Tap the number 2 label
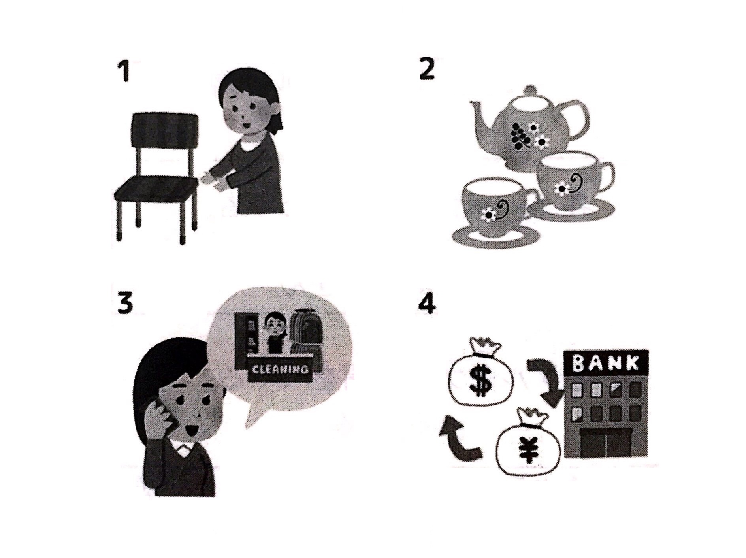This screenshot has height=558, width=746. click(427, 69)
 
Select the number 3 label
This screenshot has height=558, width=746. click(125, 304)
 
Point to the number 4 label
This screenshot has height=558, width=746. click(427, 304)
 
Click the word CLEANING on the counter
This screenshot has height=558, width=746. click(280, 369)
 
